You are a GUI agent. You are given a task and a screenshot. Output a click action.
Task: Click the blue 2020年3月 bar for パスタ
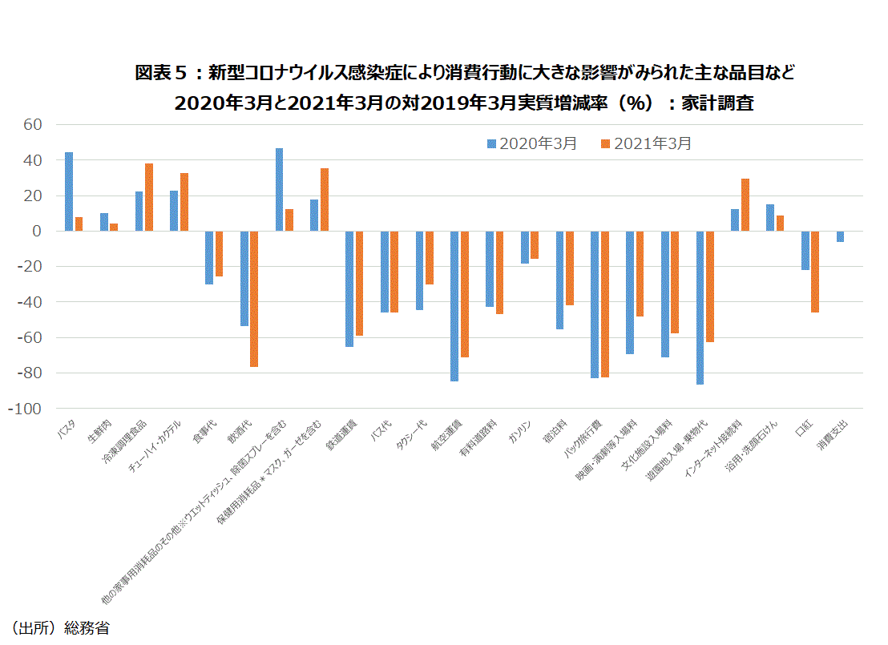tap(69, 191)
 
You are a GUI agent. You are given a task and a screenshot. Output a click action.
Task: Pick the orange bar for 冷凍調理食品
tap(149, 197)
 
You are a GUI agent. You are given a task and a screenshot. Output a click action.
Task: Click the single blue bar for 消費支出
tap(840, 236)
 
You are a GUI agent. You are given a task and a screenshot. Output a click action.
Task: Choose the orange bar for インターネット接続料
tap(745, 205)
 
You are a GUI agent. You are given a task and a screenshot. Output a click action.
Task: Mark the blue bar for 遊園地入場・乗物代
tap(700, 308)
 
